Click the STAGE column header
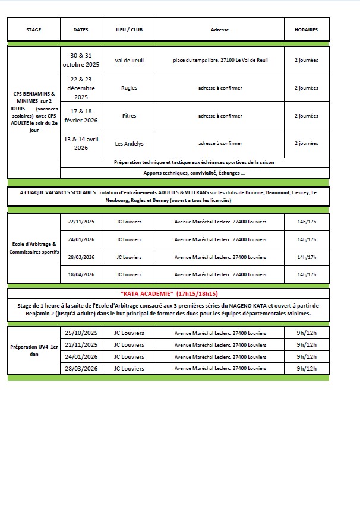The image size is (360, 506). [x=34, y=30]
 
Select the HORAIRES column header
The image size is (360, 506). [x=306, y=30]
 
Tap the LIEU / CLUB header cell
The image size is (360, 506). [x=129, y=30]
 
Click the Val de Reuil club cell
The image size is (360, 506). [x=129, y=61]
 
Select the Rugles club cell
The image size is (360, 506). [x=129, y=88]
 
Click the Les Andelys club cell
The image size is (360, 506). [x=129, y=143]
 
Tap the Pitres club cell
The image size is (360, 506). [x=129, y=116]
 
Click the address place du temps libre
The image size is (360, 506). [x=220, y=61]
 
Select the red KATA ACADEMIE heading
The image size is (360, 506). [x=169, y=293]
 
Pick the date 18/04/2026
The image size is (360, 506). [x=81, y=274]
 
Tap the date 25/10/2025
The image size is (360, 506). [x=81, y=333]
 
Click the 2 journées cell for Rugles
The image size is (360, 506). [x=306, y=88]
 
